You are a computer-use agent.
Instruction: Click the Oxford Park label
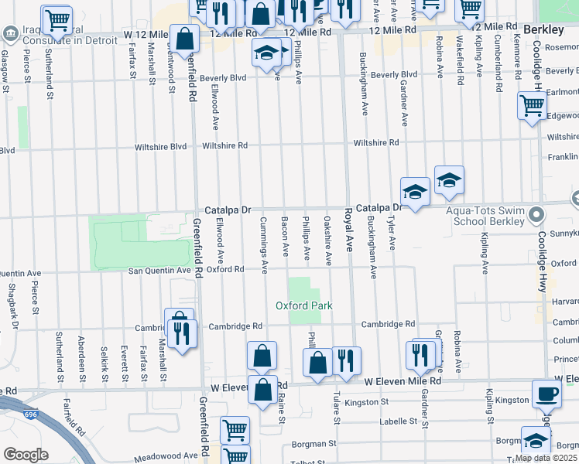coord(304,305)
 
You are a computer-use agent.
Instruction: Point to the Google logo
coord(26,454)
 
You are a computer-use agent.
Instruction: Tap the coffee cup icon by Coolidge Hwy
coord(546,392)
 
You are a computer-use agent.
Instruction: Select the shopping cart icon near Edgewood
coord(532,104)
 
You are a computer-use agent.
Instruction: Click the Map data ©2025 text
coord(544,458)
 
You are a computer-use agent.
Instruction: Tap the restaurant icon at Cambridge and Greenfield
coord(182,333)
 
